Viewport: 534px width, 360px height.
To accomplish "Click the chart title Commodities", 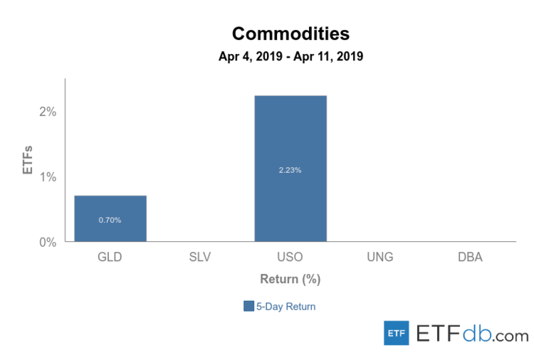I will click(x=290, y=33).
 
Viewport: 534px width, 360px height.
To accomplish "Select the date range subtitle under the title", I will click(x=290, y=57).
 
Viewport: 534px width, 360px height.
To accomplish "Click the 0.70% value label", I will click(x=110, y=220).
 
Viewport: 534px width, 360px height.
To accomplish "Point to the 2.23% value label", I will click(x=290, y=169).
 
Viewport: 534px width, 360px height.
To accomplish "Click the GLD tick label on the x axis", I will click(x=110, y=257).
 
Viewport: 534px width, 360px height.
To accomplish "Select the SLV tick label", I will click(x=200, y=257).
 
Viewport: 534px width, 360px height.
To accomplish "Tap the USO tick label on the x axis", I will click(x=290, y=257).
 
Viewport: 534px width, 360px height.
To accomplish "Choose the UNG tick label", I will click(x=380, y=257).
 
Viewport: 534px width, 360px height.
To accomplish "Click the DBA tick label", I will click(x=470, y=257).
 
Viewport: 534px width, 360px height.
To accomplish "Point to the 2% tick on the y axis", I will click(x=48, y=112).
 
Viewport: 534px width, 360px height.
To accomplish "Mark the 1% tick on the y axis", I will click(x=48, y=176).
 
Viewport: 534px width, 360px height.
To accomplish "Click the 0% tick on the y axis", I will click(x=48, y=242).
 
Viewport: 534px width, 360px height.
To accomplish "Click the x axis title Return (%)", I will click(x=290, y=280).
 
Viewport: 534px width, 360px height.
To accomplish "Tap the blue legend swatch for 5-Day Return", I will click(x=248, y=306).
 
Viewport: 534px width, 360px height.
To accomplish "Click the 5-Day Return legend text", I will click(x=286, y=307).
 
